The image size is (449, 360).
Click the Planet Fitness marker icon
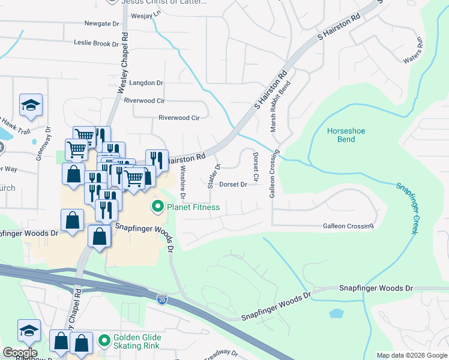[x=158, y=208]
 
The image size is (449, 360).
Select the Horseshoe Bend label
[x=346, y=135]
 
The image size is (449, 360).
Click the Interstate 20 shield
[x=162, y=299]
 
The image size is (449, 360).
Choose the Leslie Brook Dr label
[x=96, y=43]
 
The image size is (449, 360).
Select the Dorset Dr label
[x=233, y=185]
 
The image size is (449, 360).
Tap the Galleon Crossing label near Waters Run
[x=348, y=226]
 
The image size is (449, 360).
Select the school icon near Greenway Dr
[x=31, y=105]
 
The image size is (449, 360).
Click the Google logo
[x=20, y=352]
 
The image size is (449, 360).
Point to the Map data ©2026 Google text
[x=411, y=355]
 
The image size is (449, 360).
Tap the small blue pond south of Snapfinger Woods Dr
[x=337, y=313]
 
